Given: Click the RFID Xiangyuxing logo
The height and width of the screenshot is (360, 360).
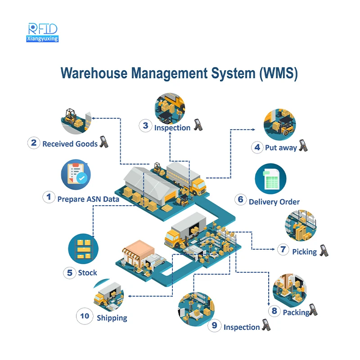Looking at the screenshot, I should pos(42,32).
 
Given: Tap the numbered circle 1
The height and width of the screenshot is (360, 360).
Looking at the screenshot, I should pos(49,197).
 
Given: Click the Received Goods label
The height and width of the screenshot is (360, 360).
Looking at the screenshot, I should pos(70,144).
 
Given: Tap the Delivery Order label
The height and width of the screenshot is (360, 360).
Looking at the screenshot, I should pos(274,202).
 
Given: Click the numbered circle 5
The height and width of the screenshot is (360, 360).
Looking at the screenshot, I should pos(70,272).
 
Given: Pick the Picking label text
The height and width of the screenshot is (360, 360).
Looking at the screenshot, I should pos(304,252).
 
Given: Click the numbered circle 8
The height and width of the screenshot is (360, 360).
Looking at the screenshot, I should pos(274,310).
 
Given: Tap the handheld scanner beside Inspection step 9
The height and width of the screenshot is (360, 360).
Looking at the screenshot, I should pos(266,326).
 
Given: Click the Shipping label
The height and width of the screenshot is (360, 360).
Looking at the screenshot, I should pos(112,318).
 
